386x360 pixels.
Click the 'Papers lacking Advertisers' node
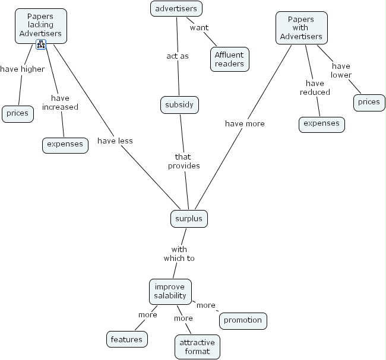pos(40,25)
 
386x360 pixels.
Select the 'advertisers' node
pos(176,8)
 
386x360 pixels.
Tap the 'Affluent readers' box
pos(229,59)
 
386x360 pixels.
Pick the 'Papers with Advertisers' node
pos(301,28)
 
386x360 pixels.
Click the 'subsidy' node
pos(179,105)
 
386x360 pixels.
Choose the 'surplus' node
pos(189,218)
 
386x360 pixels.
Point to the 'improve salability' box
pos(170,291)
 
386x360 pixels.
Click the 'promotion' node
pos(243,320)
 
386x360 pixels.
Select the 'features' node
pos(126,339)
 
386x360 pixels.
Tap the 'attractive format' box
pos(197,347)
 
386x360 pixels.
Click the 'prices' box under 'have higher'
pos(18,113)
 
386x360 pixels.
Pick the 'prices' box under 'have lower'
pos(369,102)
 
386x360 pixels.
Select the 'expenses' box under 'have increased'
pos(65,144)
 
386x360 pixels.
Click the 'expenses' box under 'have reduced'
pos(321,123)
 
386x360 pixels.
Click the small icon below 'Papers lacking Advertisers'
pos(41,44)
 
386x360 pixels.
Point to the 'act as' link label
pos(178,56)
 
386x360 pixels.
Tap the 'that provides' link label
pos(183,161)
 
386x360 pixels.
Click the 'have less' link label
pos(115,141)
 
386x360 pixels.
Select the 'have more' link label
pos(245,123)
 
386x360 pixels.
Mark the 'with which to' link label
pos(179,254)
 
